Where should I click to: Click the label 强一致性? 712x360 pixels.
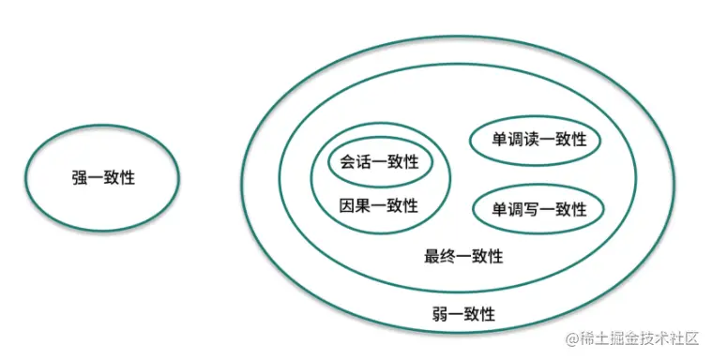(x=103, y=177)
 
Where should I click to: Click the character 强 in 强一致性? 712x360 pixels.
(x=80, y=177)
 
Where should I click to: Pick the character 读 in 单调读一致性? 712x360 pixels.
(x=531, y=139)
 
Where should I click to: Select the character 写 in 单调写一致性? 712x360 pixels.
(x=531, y=209)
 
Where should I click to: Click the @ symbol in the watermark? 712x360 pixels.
(x=566, y=338)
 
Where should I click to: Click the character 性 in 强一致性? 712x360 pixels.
(x=128, y=177)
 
